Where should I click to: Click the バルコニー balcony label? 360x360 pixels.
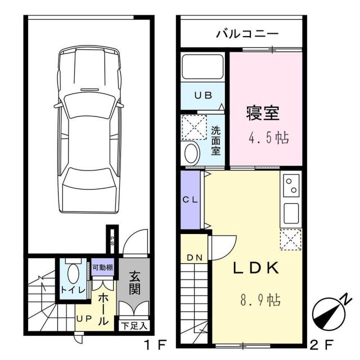click(x=247, y=34)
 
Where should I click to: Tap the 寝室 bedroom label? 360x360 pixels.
click(x=263, y=114)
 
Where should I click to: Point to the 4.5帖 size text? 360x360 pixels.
click(x=269, y=138)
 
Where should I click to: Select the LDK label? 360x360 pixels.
click(x=256, y=269)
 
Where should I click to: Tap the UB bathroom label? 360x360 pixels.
click(x=203, y=95)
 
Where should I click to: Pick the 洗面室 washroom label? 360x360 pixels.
click(x=216, y=141)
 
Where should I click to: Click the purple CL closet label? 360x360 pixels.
click(x=190, y=199)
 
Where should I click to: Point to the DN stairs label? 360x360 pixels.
click(x=195, y=258)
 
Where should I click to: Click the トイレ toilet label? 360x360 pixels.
click(x=73, y=290)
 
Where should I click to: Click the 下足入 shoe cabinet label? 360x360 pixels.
click(x=134, y=325)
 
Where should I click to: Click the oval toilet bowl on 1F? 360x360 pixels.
click(x=73, y=274)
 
